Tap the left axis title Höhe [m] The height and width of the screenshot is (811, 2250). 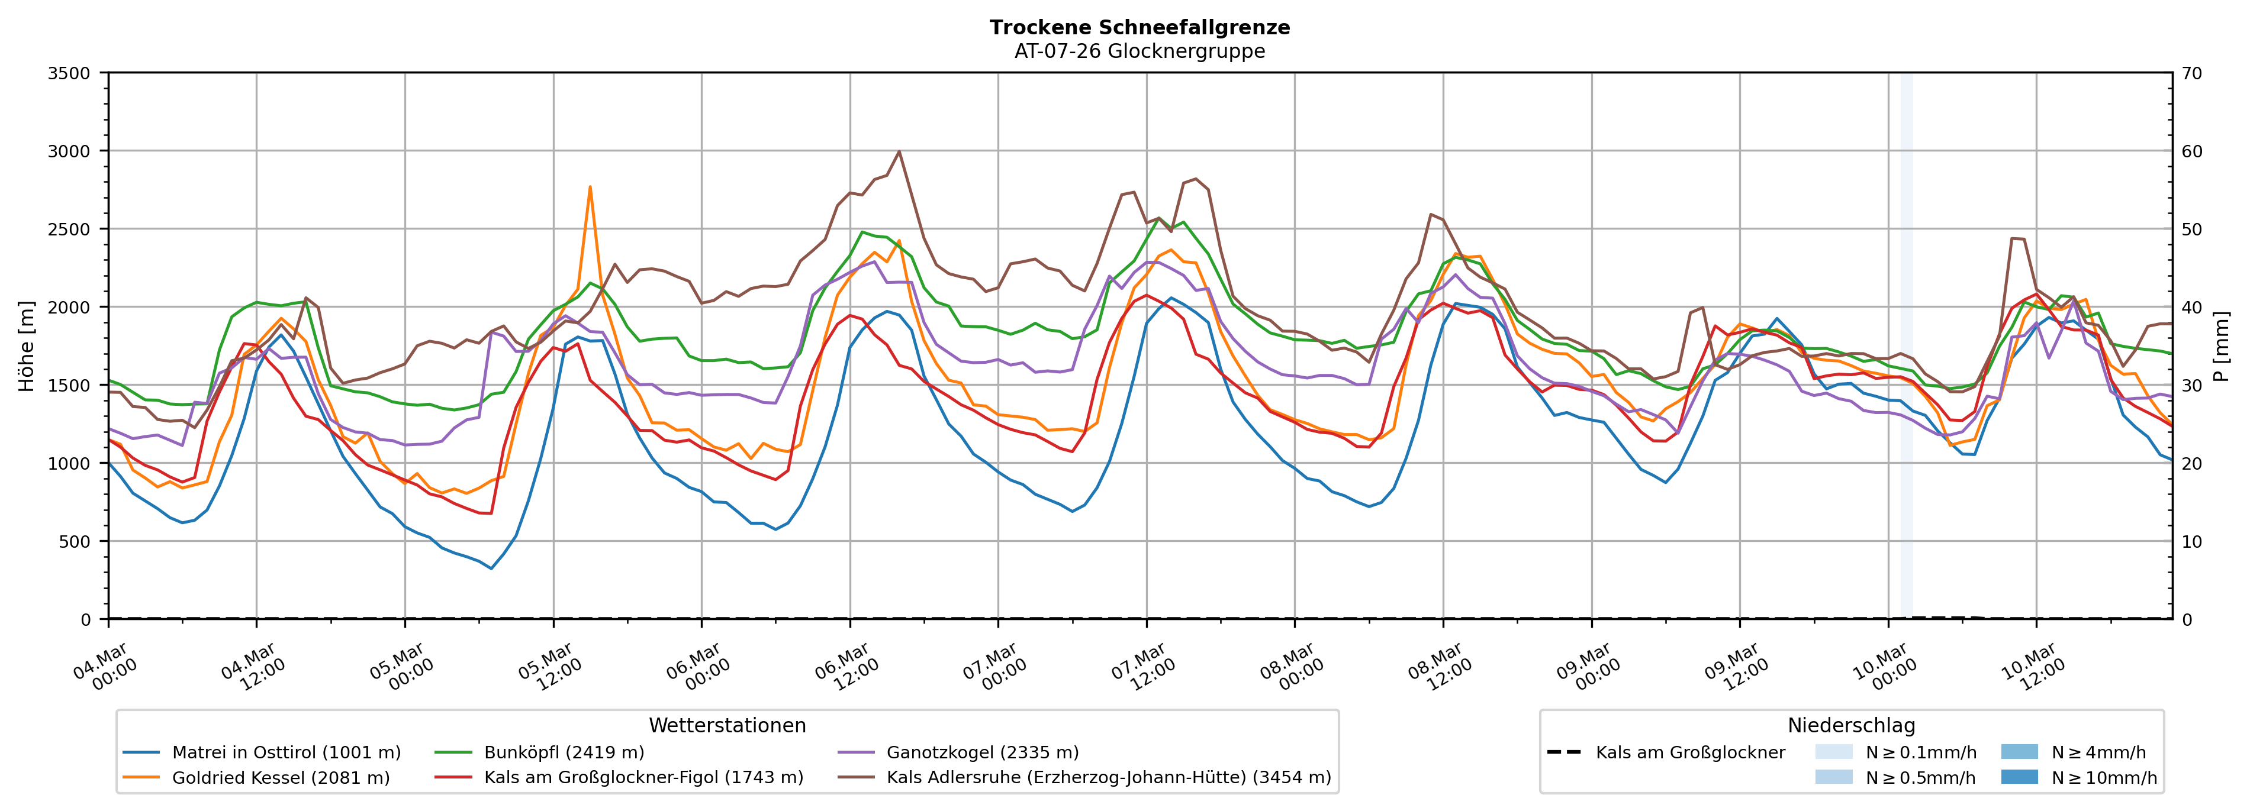pyautogui.click(x=26, y=345)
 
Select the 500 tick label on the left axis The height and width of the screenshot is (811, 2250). pyautogui.click(x=74, y=541)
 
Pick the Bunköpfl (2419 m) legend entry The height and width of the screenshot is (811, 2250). pyautogui.click(x=564, y=752)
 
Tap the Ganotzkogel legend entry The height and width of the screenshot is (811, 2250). pyautogui.click(x=982, y=752)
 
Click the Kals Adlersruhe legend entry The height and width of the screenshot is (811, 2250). pyautogui.click(x=1108, y=778)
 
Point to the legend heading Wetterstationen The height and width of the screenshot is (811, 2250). pyautogui.click(x=727, y=725)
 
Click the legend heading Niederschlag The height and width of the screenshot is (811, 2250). pyautogui.click(x=1851, y=725)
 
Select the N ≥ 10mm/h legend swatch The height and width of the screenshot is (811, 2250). pyautogui.click(x=2019, y=777)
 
